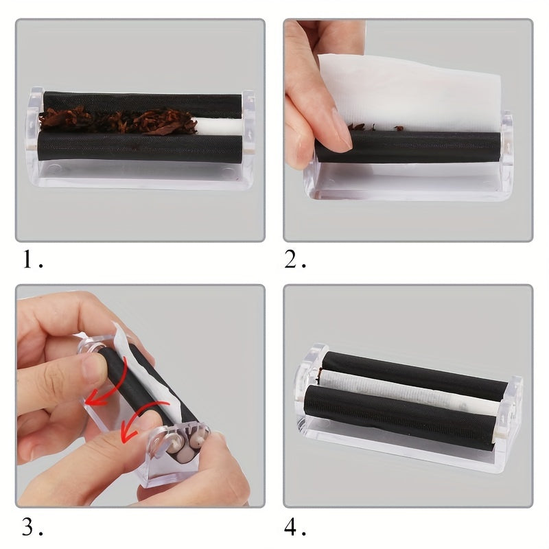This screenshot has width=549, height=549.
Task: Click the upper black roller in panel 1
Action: click(x=137, y=100)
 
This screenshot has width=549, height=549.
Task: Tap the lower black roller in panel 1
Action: click(x=137, y=147)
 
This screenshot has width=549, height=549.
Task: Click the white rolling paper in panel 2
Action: click(x=412, y=89)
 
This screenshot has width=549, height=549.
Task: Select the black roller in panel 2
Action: click(x=425, y=146)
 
